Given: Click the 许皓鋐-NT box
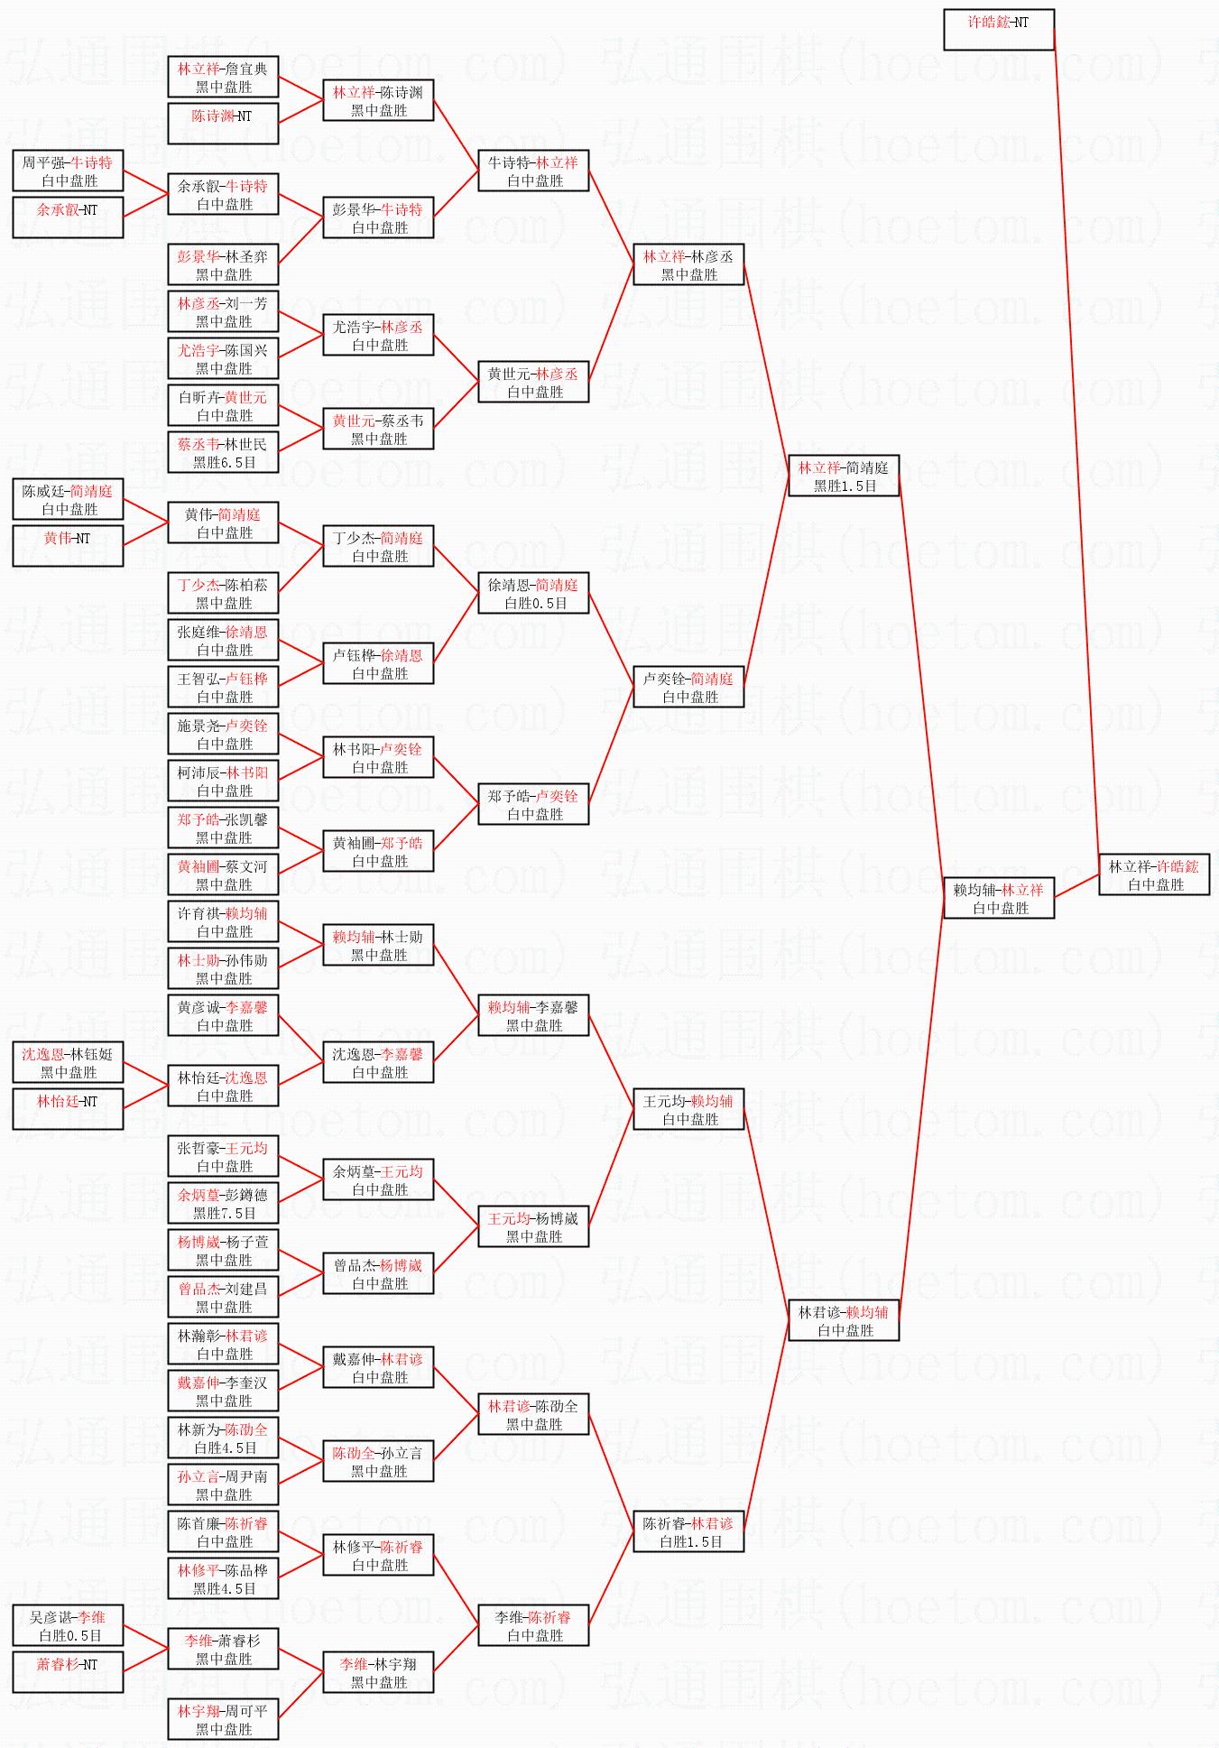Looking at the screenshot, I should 998,29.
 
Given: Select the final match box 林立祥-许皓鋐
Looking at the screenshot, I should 1153,874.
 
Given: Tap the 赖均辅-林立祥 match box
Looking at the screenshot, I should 998,898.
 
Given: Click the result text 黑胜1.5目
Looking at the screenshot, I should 845,486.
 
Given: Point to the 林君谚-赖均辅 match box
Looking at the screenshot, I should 843,1320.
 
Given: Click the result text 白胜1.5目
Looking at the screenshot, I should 689,1541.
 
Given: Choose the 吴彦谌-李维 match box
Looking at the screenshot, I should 68,1625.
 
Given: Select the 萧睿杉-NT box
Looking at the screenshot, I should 68,1672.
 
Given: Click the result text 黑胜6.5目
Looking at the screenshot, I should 224,462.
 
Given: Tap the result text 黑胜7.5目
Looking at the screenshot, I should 224,1213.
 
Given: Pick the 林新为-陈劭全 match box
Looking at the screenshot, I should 223,1438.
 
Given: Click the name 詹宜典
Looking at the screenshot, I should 246,69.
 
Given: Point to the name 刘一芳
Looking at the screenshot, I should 246,303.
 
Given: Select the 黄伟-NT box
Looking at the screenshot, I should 68,546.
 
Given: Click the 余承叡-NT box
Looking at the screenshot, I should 68,217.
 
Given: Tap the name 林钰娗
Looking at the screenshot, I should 91,1054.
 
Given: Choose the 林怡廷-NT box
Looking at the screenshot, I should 68,1109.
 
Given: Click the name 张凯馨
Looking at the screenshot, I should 246,819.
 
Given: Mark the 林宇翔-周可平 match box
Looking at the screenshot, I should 223,1719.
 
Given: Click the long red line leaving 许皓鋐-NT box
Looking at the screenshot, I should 1076,433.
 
